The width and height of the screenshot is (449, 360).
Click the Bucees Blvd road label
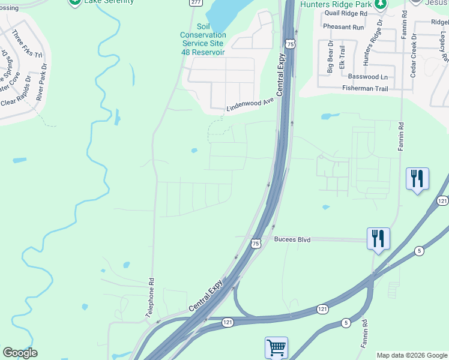(x=292, y=239)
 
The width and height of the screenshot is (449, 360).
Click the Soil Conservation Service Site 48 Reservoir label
(x=203, y=39)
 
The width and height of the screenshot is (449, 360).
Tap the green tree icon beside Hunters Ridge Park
(x=379, y=4)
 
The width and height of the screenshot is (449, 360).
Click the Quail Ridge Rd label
(x=345, y=13)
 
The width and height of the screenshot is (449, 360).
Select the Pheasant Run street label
(x=343, y=27)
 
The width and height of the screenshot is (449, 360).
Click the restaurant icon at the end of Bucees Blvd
(x=378, y=238)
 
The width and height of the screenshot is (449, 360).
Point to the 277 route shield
(x=195, y=2)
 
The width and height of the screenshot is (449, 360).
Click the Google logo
(x=20, y=353)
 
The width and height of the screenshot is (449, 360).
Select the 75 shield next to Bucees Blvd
(x=256, y=243)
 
